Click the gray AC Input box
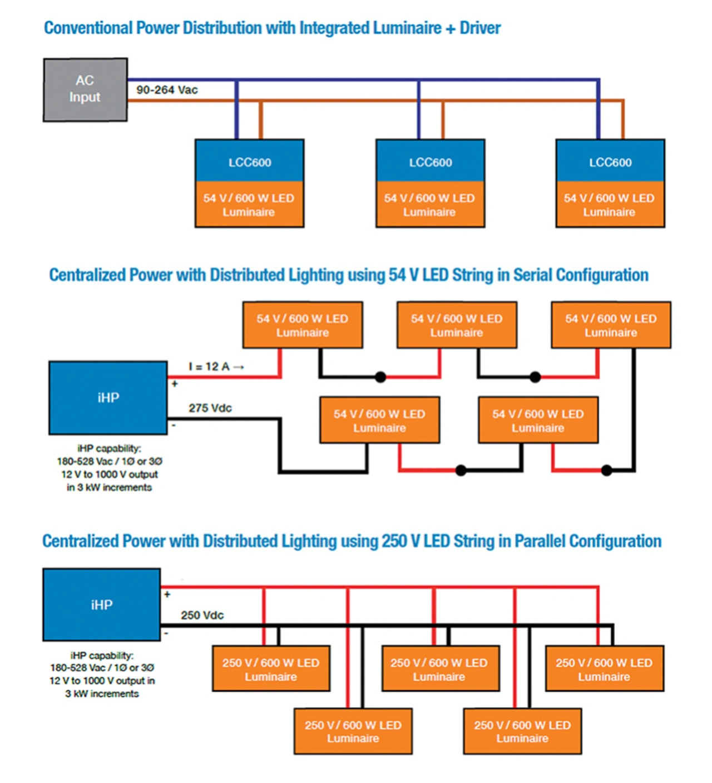coord(85,90)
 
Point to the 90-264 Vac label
coord(167,90)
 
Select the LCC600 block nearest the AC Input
coord(250,160)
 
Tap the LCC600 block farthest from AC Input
coord(610,160)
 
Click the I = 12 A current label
coord(209,366)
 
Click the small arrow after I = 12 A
coord(239,366)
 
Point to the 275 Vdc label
coord(210,408)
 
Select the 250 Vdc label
coord(202,615)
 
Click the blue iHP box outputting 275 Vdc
coord(108,398)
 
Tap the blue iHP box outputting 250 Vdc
coord(102,604)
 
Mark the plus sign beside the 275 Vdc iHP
coord(175,384)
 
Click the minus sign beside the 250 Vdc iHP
coord(166,633)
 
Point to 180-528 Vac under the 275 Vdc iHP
coord(85,461)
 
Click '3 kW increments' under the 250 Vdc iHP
coord(102,693)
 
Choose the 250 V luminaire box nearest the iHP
coord(271,668)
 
